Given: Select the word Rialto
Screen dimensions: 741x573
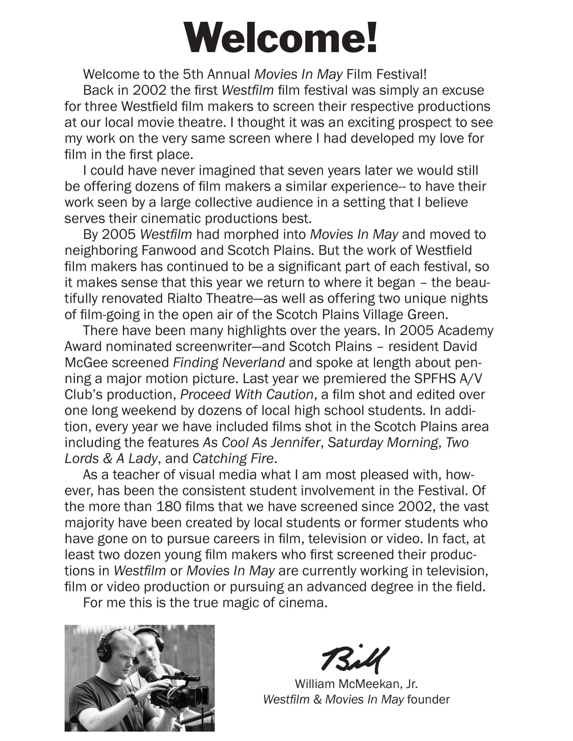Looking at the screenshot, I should pyautogui.click(x=185, y=299).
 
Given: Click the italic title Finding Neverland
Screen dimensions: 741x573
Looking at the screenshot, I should pyautogui.click(x=229, y=363).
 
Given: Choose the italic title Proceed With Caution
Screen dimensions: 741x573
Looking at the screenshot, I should pyautogui.click(x=247, y=395).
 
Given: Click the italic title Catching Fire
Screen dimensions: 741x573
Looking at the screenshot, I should pyautogui.click(x=233, y=459).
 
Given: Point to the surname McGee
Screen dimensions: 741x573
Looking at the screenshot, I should pyautogui.click(x=86, y=363).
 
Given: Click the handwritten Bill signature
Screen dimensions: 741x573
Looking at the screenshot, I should pyautogui.click(x=355, y=659).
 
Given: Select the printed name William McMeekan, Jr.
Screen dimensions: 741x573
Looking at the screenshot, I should pyautogui.click(x=356, y=684).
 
